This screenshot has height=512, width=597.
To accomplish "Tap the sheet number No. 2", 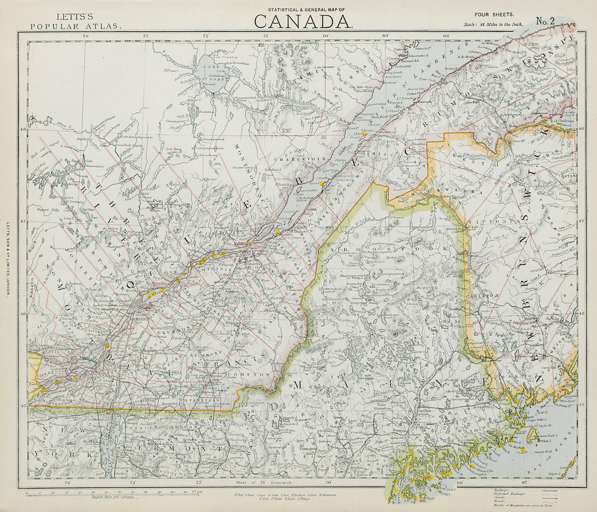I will [x=546, y=21].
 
